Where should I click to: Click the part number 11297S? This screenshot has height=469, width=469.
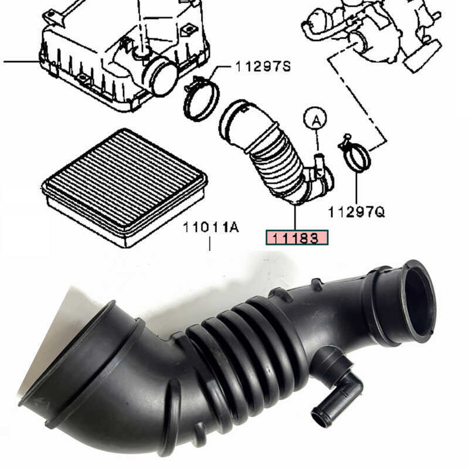[263, 67]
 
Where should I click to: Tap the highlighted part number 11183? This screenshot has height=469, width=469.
[297, 237]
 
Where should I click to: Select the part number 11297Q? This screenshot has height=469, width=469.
[356, 212]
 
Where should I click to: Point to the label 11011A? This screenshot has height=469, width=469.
[210, 227]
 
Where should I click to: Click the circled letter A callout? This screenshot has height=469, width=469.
[314, 120]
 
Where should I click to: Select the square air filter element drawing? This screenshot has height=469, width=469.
[124, 186]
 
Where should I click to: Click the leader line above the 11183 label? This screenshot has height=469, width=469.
[295, 217]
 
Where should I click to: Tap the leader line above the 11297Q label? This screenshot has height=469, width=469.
[356, 188]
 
